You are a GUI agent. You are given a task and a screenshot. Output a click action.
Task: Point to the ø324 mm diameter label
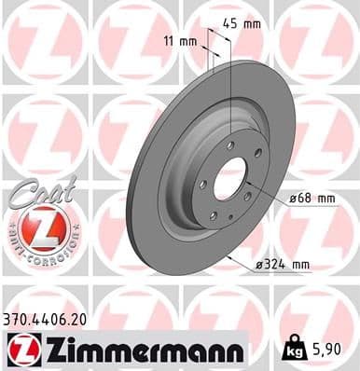tap(284, 265)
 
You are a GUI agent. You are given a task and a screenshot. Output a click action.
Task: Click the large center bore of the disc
tap(229, 176)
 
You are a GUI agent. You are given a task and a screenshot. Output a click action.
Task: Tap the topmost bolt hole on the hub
tap(230, 144)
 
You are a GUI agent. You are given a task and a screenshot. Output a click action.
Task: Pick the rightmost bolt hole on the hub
tap(248, 194)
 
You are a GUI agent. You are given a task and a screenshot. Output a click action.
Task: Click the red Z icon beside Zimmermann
tap(19, 350)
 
